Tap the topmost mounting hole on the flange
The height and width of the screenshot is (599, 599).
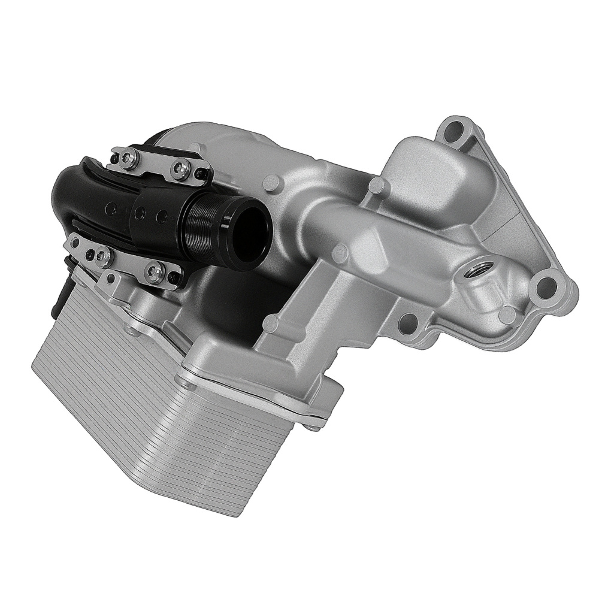tap(455, 128)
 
